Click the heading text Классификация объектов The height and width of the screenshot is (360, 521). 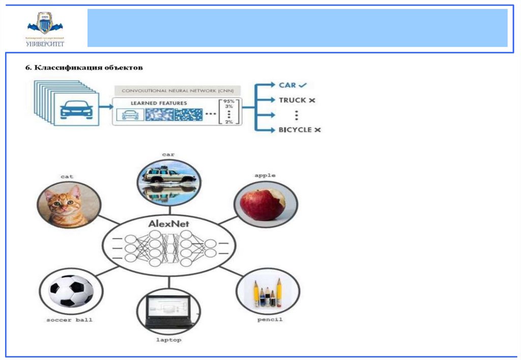click(x=84, y=67)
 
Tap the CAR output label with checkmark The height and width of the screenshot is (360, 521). click(x=294, y=85)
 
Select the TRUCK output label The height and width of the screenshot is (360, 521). click(x=297, y=100)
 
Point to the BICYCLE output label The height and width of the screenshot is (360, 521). click(x=299, y=130)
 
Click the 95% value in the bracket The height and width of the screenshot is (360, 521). click(x=229, y=101)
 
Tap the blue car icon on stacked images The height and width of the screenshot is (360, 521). click(x=76, y=109)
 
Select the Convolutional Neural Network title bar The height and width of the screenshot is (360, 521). click(x=177, y=91)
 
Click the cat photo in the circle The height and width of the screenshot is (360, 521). click(x=68, y=205)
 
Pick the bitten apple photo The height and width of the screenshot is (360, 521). click(x=265, y=203)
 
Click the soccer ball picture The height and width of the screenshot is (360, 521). click(x=71, y=292)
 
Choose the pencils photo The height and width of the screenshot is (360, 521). click(x=268, y=292)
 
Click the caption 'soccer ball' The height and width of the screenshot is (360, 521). click(x=69, y=320)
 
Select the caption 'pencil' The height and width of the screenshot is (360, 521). click(x=270, y=320)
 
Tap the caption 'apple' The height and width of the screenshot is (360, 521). click(x=265, y=175)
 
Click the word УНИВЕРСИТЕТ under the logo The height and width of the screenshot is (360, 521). click(x=45, y=44)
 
